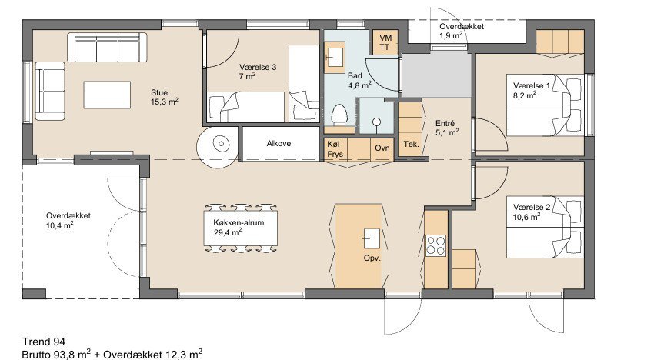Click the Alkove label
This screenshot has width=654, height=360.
click(x=279, y=144)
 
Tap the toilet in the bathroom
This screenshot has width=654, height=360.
click(x=339, y=115)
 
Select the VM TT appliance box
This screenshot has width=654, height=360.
click(x=385, y=42)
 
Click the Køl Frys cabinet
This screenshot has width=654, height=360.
click(x=335, y=149)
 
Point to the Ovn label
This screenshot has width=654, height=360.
click(x=382, y=148)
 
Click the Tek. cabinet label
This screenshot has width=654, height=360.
click(x=411, y=145)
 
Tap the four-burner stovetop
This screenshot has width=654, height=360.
click(x=435, y=245)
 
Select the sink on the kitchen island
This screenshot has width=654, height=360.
click(x=371, y=238)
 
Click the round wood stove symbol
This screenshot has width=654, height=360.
click(x=221, y=145)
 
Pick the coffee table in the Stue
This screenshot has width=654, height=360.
click(x=107, y=95)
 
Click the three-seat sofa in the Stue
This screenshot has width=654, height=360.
click(x=107, y=48)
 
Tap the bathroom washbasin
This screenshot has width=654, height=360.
click(x=335, y=57)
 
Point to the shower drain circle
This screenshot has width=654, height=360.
click(x=377, y=122)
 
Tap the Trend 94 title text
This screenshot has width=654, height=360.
click(x=44, y=342)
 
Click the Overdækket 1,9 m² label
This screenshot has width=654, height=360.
click(x=462, y=31)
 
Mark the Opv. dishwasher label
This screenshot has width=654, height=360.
click(x=372, y=258)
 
